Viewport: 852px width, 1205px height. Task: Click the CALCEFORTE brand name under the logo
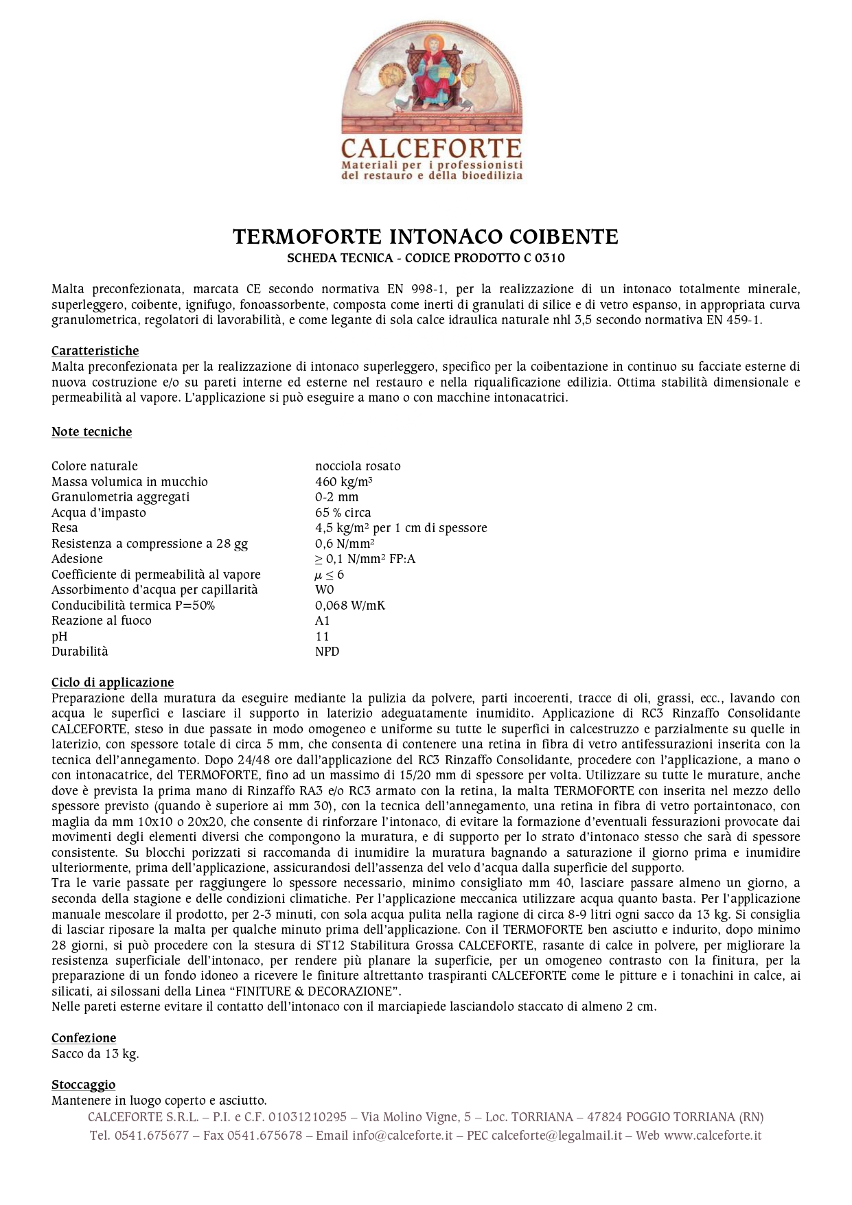[432, 148]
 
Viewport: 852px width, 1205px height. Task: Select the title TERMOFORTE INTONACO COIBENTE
[426, 237]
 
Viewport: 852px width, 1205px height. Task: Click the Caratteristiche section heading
[95, 351]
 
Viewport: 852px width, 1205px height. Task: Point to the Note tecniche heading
[91, 432]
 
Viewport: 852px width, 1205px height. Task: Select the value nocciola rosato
[358, 466]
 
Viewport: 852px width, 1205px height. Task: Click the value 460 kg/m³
[343, 482]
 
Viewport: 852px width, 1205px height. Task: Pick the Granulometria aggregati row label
[120, 497]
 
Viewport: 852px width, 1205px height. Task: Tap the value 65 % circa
[343, 513]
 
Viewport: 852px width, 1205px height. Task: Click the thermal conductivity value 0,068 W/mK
[350, 606]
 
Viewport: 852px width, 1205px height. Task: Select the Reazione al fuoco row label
[101, 621]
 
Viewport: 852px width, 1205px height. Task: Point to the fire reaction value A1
[322, 621]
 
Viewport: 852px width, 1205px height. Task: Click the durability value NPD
[327, 652]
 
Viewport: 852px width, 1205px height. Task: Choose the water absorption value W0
[324, 590]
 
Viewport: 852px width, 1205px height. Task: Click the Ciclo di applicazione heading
[113, 682]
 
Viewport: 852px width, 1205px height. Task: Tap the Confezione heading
[84, 1038]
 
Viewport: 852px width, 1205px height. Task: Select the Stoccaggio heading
[83, 1085]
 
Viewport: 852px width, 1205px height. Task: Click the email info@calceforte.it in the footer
[402, 1136]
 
